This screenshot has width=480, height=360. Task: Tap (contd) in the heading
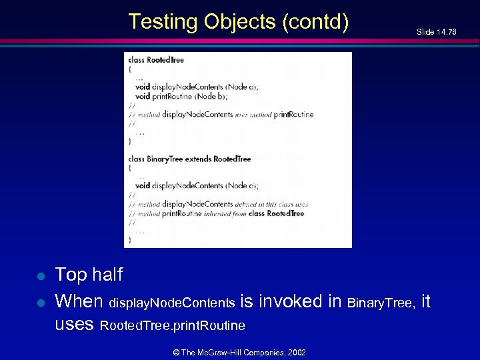point(315,22)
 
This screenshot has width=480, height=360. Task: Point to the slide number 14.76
point(446,32)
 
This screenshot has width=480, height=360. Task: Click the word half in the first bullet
point(107,275)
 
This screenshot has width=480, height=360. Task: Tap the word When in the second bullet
point(79,302)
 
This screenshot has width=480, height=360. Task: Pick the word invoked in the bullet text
point(291,302)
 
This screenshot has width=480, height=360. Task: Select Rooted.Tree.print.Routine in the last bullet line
point(172,327)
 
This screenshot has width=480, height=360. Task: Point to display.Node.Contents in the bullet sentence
point(171,304)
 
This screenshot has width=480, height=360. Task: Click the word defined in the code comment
point(246,204)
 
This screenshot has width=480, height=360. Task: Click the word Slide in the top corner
point(425,32)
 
